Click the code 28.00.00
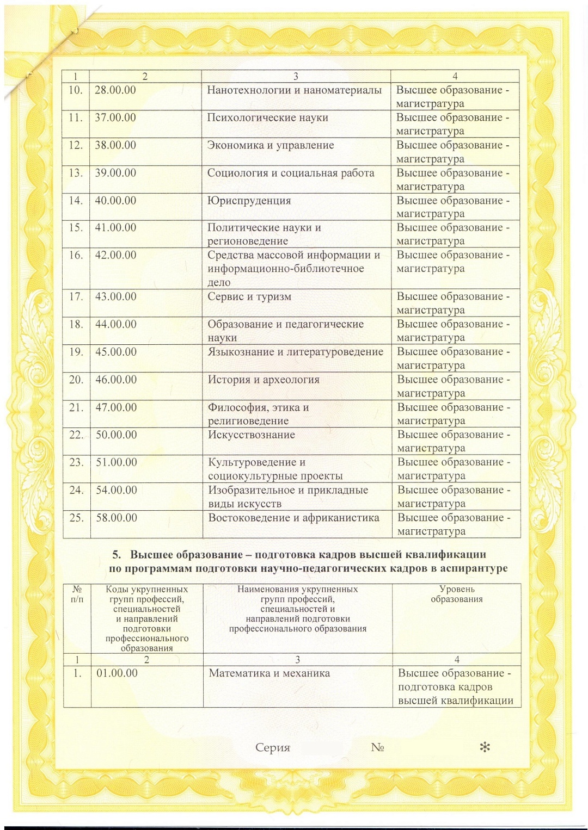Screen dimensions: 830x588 (x=115, y=90)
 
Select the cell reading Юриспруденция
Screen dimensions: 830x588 (x=249, y=201)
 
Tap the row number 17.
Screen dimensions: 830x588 (x=76, y=297)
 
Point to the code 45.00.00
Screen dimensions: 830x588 (x=116, y=352)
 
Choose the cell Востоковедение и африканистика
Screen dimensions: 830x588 (x=293, y=518)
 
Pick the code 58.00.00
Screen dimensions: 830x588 (x=117, y=518)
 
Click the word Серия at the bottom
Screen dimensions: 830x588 (x=273, y=748)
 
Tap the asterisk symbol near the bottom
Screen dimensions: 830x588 (x=485, y=747)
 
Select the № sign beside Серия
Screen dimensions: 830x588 (x=377, y=748)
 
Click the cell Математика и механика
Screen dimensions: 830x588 (x=269, y=673)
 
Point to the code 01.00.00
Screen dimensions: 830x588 (x=117, y=673)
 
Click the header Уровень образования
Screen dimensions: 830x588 (x=457, y=594)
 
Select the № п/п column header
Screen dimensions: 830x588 (x=77, y=594)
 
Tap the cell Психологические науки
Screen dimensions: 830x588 (x=267, y=118)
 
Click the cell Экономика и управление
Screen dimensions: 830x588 (x=271, y=146)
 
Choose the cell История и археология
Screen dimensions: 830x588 (x=264, y=380)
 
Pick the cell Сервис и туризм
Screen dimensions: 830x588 (x=249, y=297)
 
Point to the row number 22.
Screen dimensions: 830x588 (x=76, y=435)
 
